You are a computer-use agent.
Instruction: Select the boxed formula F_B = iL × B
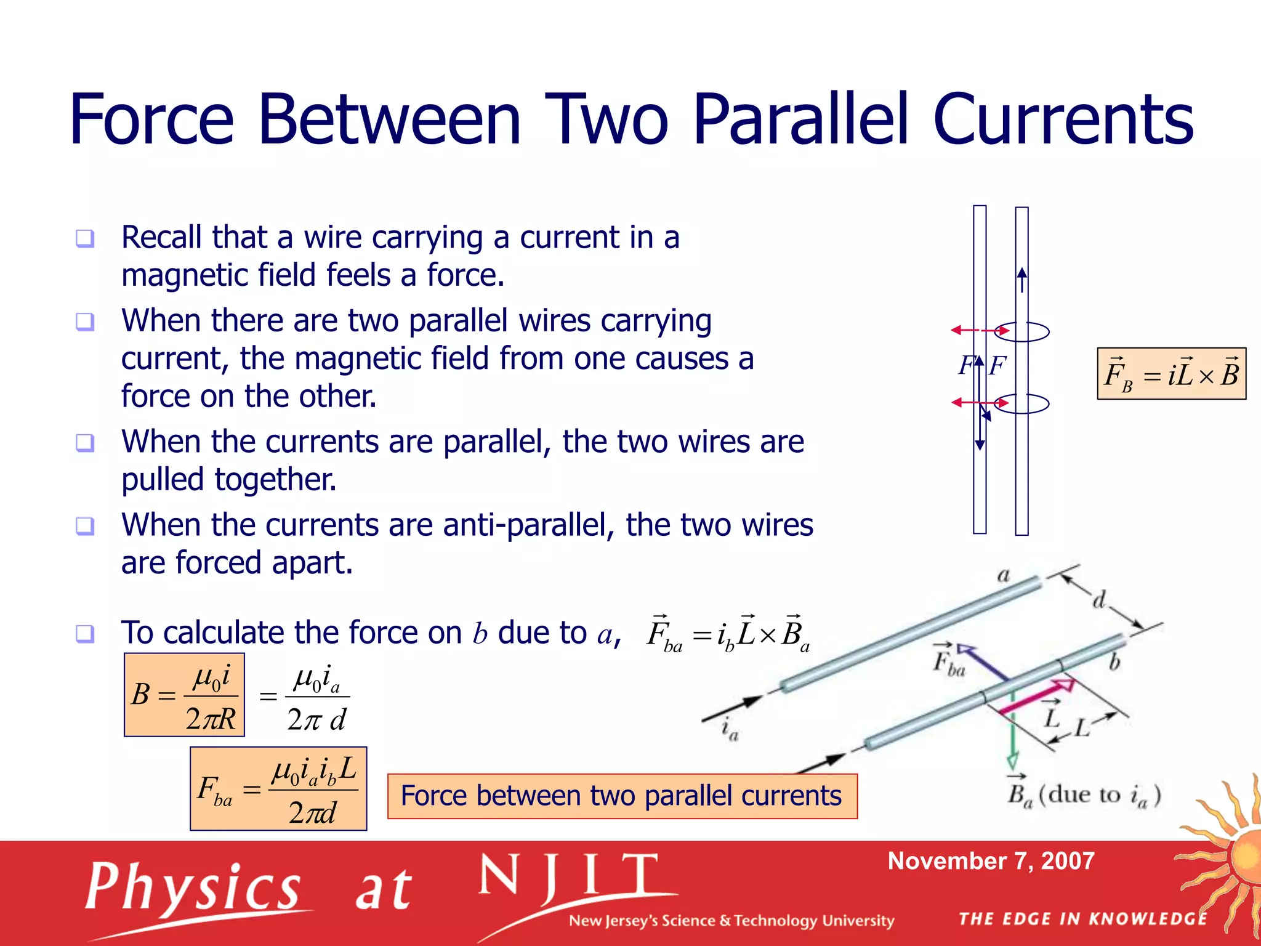(x=1171, y=374)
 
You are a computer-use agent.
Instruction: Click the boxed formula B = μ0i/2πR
(x=184, y=695)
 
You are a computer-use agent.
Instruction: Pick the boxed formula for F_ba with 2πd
(x=278, y=789)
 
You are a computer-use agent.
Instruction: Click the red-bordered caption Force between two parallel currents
(x=622, y=796)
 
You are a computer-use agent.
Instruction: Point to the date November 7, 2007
(x=991, y=861)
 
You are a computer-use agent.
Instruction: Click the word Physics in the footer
(x=193, y=887)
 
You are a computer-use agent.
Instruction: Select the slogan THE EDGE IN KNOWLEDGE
(x=1083, y=919)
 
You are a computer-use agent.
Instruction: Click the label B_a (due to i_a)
(x=1083, y=794)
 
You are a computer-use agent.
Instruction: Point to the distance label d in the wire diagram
(x=1099, y=599)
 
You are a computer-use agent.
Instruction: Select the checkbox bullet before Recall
(x=85, y=238)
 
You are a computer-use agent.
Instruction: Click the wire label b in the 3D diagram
(x=1114, y=663)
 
